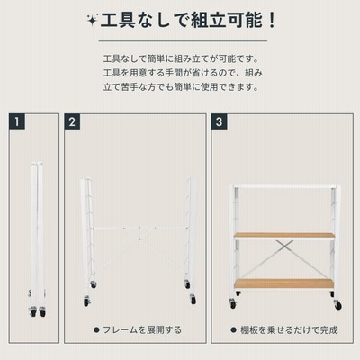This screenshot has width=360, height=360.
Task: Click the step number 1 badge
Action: (17, 121)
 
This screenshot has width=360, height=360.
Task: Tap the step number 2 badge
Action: (72, 121)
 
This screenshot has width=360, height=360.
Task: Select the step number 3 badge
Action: (219, 121)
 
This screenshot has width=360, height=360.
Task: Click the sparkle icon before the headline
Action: (92, 21)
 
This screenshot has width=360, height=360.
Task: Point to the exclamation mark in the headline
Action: (272, 21)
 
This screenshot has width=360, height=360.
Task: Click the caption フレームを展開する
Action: (142, 330)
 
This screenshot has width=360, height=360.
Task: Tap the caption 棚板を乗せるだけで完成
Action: (289, 330)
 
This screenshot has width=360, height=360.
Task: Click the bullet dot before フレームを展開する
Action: (96, 330)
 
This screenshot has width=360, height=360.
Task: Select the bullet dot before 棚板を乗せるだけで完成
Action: (233, 330)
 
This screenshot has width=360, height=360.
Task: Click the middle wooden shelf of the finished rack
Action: (284, 236)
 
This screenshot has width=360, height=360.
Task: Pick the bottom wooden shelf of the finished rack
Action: (284, 283)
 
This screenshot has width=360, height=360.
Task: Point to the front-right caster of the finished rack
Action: (337, 304)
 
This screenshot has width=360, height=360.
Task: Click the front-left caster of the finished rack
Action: (233, 303)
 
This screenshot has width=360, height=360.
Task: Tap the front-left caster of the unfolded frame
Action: (86, 301)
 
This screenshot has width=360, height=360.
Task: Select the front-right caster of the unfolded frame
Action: (193, 300)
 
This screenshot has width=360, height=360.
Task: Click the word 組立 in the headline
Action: (209, 21)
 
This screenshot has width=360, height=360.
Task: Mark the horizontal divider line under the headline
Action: (183, 40)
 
